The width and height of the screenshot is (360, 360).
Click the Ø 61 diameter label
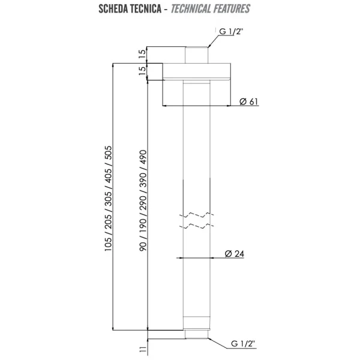pos(249,101)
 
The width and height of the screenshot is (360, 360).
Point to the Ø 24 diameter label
pos(234,253)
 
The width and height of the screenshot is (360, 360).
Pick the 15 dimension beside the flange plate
pos(142,71)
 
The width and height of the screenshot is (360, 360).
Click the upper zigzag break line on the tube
pos(197,214)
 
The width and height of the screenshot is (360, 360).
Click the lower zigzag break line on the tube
pos(197,226)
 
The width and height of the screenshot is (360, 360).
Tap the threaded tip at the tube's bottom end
pos(196,334)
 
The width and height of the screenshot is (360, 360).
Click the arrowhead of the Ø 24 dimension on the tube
pos(181,259)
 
